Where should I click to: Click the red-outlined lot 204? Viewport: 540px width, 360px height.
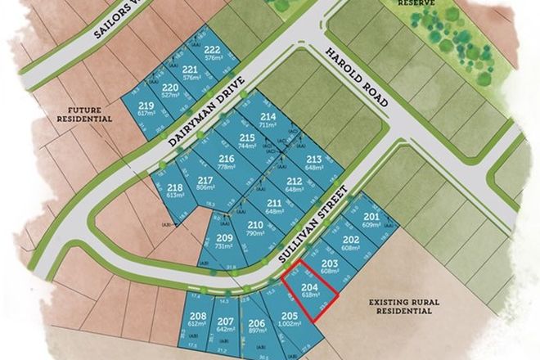pyautogui.click(x=310, y=290)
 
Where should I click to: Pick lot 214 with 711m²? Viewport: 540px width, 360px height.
pyautogui.click(x=268, y=121)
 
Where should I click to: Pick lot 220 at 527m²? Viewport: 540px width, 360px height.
pyautogui.click(x=170, y=90)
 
